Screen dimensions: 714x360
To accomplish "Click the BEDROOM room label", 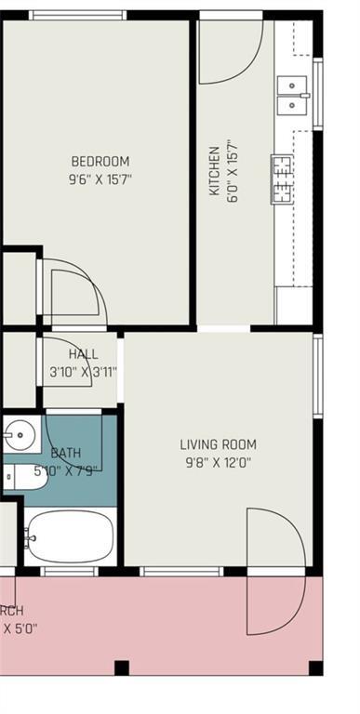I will coord(100,161).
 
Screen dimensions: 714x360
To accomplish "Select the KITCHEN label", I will coord(214,169).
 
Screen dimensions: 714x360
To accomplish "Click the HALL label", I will coord(83,354).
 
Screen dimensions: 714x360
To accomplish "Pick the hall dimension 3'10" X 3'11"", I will coord(83,372).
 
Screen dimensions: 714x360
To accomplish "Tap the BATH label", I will coord(66,453).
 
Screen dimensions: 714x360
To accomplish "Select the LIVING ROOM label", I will coord(218,444).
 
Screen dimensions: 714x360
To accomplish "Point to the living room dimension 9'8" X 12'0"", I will coord(217,462).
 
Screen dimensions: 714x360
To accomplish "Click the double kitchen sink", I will coord(292,94).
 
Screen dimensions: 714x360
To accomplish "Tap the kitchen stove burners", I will coord(281,179).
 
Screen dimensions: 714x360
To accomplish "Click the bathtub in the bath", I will coord(69,536).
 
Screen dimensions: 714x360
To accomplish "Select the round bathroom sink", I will coord(17,434).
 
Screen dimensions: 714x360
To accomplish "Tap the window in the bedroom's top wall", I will coord(77,15).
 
